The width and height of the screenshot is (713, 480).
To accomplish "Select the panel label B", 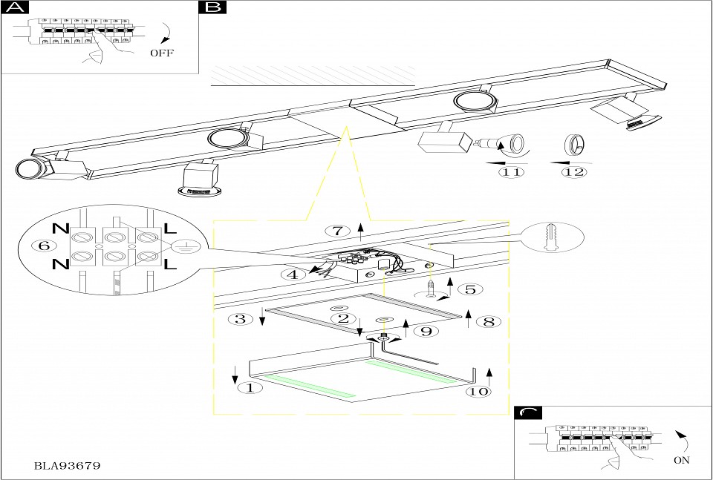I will tap(212, 8).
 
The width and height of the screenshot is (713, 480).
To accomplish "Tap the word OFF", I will tap(161, 53).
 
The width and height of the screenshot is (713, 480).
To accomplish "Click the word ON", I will tap(681, 460).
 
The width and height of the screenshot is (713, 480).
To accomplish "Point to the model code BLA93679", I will tap(68, 466).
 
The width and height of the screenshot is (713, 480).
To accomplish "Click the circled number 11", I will tap(511, 172).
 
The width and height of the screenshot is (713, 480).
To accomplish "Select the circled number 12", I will tap(574, 172).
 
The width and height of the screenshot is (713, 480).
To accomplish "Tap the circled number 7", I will tap(337, 230).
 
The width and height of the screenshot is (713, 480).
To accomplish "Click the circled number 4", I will tap(294, 274).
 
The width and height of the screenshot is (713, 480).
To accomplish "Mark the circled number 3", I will tap(240, 319).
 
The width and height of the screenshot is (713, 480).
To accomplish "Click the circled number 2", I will tap(343, 319).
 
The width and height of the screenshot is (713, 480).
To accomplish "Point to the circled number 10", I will tap(480, 390).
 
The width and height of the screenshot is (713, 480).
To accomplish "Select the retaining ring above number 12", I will tap(574, 144).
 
